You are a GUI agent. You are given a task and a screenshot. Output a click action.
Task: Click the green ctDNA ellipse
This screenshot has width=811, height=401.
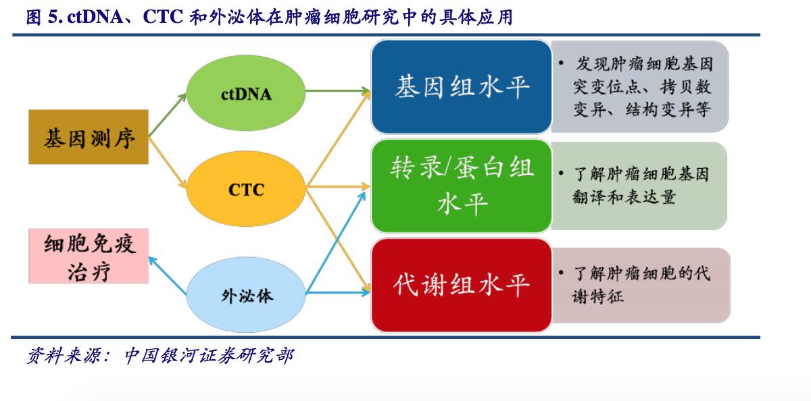(246, 94)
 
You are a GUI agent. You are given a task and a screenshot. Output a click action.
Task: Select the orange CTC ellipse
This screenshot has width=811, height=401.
(246, 189)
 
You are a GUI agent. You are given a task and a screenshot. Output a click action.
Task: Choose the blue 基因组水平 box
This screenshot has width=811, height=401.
(462, 86)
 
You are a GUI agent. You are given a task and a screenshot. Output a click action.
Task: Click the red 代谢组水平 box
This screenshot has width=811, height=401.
(462, 285)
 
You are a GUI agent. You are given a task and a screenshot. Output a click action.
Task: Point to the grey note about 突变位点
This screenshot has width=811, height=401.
(641, 86)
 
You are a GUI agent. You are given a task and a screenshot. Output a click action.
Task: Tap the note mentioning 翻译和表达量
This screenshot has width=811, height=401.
(639, 186)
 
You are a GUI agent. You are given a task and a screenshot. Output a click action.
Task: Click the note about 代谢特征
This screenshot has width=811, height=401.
(641, 285)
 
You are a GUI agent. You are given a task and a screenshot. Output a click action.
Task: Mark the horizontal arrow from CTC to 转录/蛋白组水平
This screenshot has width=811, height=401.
(338, 186)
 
